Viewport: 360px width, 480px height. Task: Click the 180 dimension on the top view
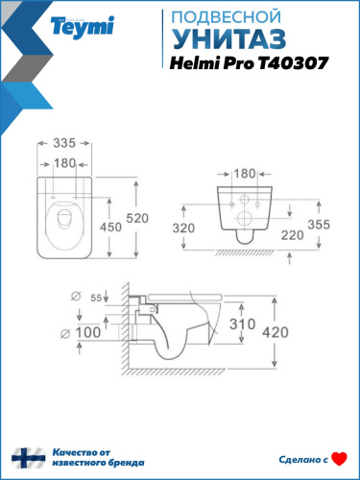pos(64,162)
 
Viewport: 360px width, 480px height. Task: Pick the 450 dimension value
pos(113,228)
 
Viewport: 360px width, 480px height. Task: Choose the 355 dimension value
pos(331,224)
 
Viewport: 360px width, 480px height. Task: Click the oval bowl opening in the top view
pos(66,219)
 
